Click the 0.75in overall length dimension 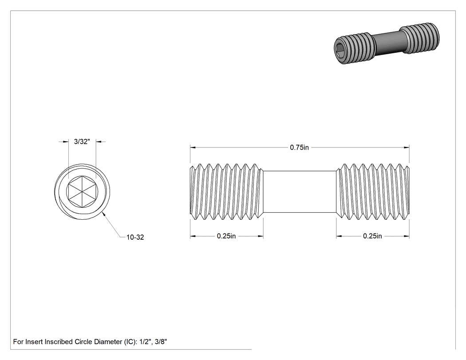[x=299, y=147]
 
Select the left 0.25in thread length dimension [x=226, y=236]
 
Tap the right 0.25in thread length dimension [x=372, y=236]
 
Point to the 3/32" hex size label [x=82, y=142]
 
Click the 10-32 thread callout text [x=135, y=237]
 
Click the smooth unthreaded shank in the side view [x=300, y=192]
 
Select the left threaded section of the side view [x=227, y=192]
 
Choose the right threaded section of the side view [x=373, y=192]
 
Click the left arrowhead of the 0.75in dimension [x=193, y=147]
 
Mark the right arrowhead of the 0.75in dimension [x=407, y=147]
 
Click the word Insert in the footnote [x=34, y=342]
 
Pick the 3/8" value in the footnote [x=161, y=342]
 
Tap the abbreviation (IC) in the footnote [x=130, y=342]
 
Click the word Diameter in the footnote [x=108, y=342]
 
